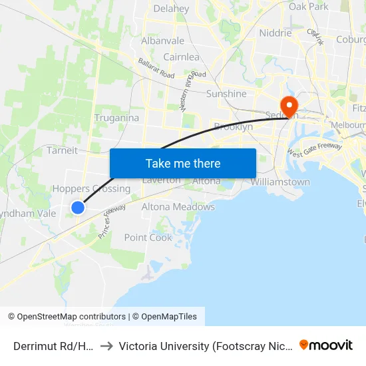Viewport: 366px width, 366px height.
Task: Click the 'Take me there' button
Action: (x=182, y=163)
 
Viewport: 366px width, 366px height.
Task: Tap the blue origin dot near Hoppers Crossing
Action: (x=78, y=208)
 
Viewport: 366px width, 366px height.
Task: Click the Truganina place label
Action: (x=116, y=118)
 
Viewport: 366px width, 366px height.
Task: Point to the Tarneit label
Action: (x=63, y=150)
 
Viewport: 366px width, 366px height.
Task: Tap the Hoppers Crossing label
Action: (x=91, y=189)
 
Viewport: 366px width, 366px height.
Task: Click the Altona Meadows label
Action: (x=178, y=207)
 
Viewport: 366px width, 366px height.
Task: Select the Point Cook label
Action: (x=148, y=238)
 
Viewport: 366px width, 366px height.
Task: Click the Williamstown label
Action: (x=280, y=182)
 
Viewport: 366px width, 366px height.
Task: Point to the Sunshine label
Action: (x=226, y=94)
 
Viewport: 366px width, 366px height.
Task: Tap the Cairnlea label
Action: (x=181, y=57)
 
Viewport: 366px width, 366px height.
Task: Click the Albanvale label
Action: (x=162, y=41)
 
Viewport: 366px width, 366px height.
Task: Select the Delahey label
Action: (x=171, y=9)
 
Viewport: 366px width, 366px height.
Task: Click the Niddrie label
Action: (x=275, y=33)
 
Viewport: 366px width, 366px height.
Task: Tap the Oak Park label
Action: (x=309, y=7)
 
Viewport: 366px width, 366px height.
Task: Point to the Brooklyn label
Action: (x=233, y=127)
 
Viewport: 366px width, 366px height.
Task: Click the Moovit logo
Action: (x=326, y=345)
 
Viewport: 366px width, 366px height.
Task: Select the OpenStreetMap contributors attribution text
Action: (x=71, y=317)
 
